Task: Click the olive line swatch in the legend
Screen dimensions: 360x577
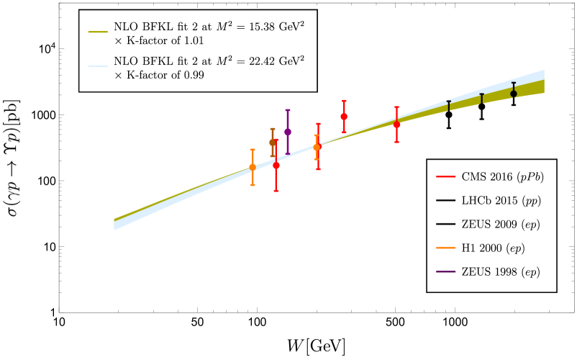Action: click(98, 32)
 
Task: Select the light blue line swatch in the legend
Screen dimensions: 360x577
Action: click(98, 66)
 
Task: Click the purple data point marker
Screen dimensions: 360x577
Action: click(288, 132)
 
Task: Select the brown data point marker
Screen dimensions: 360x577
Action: click(273, 142)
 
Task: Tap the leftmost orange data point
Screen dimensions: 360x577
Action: click(253, 167)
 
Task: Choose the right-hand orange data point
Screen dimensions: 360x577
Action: click(317, 148)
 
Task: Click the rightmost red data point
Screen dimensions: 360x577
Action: click(396, 125)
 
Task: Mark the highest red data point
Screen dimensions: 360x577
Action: click(344, 117)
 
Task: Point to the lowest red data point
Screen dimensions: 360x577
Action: click(276, 166)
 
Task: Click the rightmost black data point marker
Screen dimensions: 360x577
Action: click(514, 94)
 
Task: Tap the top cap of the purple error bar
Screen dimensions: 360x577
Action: click(288, 110)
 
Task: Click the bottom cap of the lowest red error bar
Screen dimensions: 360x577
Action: click(276, 191)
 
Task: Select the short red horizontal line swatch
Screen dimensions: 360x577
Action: click(446, 176)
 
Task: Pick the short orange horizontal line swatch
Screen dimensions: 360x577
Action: click(446, 248)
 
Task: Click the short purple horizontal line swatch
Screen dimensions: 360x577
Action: click(446, 271)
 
